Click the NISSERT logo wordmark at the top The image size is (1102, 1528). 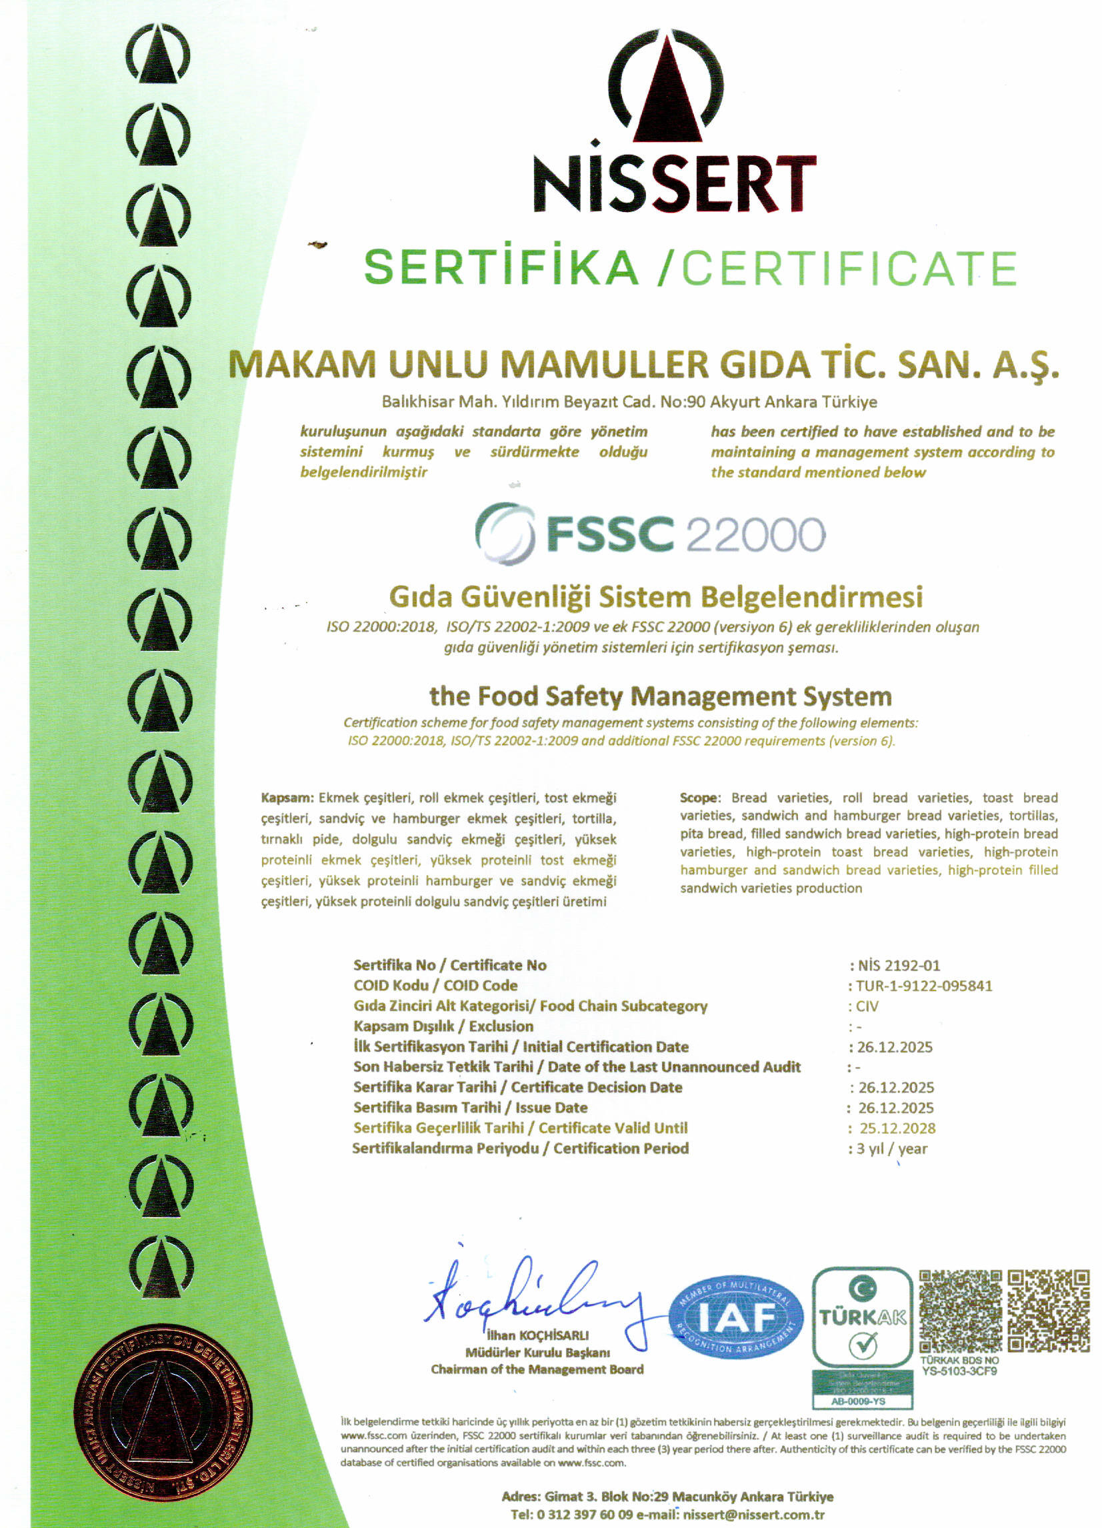point(673,184)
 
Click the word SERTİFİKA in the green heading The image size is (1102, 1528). point(501,267)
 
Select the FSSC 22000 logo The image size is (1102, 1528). point(650,534)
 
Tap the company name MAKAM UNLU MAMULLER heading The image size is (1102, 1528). point(643,364)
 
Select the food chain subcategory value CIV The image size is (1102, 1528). point(867,1006)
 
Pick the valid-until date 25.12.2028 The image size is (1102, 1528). point(897,1128)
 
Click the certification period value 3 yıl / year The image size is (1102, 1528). point(892,1149)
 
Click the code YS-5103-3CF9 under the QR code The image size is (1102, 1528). point(959,1371)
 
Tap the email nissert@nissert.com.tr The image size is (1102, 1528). point(754,1515)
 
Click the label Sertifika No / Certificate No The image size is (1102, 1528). point(450,965)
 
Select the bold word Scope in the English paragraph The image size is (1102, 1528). point(699,798)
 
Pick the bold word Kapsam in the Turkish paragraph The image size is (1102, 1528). point(287,798)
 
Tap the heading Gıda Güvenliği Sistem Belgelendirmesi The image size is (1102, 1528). point(656,597)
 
